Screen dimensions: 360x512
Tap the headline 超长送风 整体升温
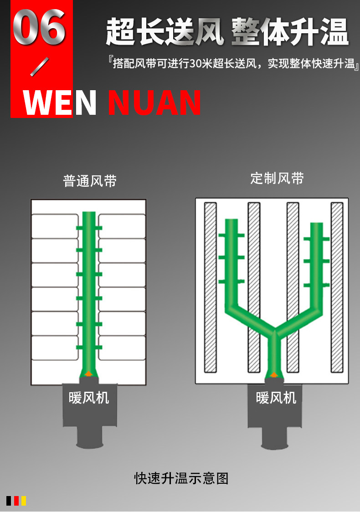click(x=227, y=32)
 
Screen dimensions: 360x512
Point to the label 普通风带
click(x=90, y=181)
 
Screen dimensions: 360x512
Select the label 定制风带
click(x=277, y=178)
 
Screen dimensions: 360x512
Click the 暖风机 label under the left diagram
click(x=89, y=398)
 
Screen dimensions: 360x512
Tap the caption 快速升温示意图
click(x=181, y=478)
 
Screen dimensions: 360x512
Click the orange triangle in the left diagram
click(x=89, y=374)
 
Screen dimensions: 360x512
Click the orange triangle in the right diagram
click(x=274, y=374)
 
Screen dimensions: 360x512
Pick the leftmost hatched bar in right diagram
click(x=210, y=287)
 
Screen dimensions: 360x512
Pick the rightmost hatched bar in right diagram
click(x=337, y=287)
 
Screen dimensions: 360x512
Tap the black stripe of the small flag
click(x=9, y=501)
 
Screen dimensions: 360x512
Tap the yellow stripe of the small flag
click(x=24, y=501)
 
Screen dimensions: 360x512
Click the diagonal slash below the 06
click(x=39, y=67)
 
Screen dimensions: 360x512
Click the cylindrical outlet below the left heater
click(x=90, y=438)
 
